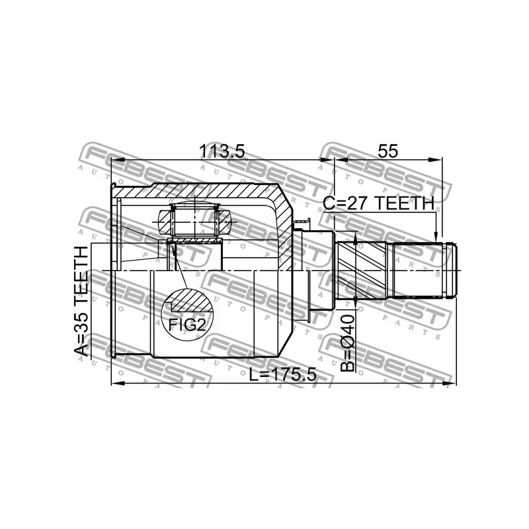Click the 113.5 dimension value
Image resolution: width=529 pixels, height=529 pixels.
222,151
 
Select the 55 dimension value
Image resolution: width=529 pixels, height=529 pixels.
387,151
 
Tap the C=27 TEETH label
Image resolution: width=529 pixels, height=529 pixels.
378,204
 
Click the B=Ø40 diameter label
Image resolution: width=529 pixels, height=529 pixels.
348,343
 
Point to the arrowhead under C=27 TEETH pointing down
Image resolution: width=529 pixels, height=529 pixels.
435,237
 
